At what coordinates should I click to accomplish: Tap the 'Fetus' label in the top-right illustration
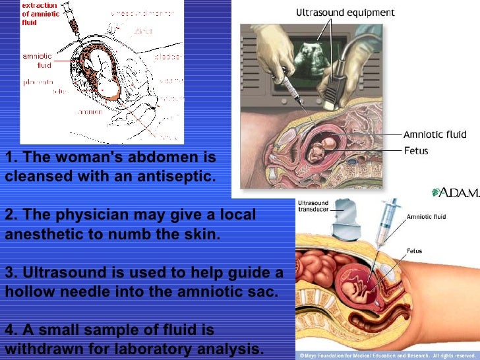coord(415,151)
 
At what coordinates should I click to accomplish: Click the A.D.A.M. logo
coord(454,193)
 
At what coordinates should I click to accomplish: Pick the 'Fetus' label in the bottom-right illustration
coord(414,251)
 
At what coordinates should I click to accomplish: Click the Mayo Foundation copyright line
coord(387,355)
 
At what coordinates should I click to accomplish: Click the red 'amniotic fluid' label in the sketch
coord(37,61)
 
